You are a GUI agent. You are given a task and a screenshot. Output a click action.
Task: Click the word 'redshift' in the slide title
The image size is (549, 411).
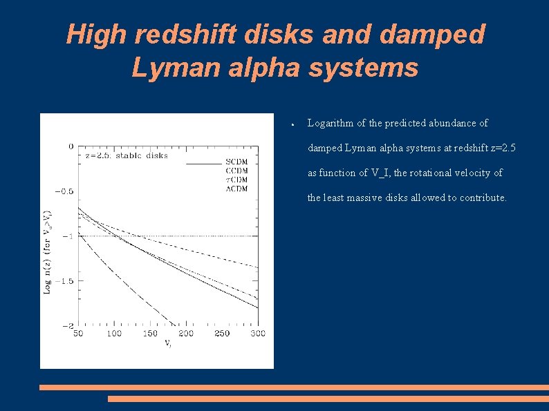tap(170, 35)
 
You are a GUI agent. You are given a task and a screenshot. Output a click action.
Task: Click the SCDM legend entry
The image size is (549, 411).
tap(236, 162)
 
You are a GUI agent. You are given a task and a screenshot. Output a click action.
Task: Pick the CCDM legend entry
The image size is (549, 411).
tap(236, 171)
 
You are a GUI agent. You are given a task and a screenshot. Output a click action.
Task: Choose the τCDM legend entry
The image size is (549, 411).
tap(236, 180)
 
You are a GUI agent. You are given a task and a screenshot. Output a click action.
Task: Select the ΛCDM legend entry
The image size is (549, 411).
tap(236, 189)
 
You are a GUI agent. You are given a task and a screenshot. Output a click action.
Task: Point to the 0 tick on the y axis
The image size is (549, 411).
tap(71, 146)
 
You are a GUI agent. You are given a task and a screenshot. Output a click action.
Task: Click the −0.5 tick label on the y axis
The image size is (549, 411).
tap(64, 191)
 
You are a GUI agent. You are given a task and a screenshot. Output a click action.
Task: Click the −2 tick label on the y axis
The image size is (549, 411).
tap(68, 325)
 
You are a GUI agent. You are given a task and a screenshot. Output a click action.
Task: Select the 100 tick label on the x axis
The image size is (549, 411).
tap(114, 334)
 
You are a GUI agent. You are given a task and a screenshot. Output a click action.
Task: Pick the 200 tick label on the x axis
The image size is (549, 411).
tap(186, 334)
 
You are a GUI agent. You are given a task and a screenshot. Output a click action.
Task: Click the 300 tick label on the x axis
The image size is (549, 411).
tap(257, 334)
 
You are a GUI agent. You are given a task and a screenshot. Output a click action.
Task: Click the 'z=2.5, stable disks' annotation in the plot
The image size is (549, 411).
tap(127, 155)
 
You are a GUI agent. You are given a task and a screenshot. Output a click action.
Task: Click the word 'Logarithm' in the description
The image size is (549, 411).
tap(330, 123)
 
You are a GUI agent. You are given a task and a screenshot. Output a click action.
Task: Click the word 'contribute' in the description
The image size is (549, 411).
tap(485, 198)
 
